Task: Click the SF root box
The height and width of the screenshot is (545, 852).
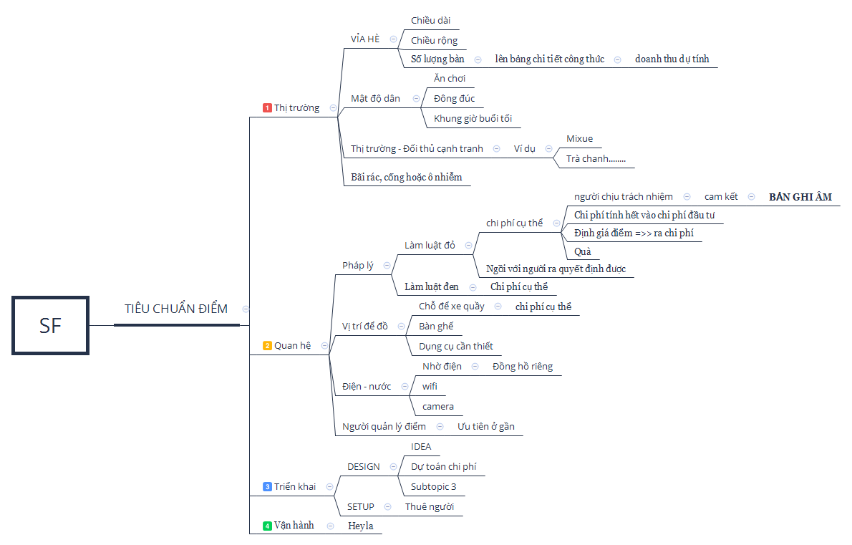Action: [x=51, y=325]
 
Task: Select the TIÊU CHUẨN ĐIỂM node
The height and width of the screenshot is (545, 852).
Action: [x=176, y=309]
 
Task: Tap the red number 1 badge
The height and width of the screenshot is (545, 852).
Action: [x=267, y=107]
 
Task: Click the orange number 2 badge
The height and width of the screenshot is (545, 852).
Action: [x=267, y=346]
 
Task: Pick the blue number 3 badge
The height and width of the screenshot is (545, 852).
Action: [x=267, y=486]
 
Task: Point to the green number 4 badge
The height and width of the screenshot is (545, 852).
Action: [x=267, y=526]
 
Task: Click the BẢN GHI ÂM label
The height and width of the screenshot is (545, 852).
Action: [x=800, y=197]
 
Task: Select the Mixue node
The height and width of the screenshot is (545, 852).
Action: [x=579, y=138]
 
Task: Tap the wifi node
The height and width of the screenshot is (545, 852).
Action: [x=430, y=386]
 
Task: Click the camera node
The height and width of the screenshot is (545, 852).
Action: [x=438, y=407]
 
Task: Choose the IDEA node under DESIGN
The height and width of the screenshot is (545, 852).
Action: [x=421, y=447]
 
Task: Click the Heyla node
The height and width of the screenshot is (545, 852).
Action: [x=361, y=526]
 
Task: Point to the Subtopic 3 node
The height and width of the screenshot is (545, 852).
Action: [x=434, y=486]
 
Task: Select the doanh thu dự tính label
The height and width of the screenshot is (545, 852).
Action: [x=672, y=59]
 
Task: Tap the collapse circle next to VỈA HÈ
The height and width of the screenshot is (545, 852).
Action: [x=393, y=39]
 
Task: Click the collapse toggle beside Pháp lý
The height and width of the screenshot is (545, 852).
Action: [x=387, y=265]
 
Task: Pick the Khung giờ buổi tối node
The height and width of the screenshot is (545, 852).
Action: [x=473, y=118]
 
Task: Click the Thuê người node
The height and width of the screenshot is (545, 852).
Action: [x=430, y=506]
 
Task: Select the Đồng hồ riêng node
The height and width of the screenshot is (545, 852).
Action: [x=523, y=366]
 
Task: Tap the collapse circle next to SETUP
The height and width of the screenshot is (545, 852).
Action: [x=388, y=506]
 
